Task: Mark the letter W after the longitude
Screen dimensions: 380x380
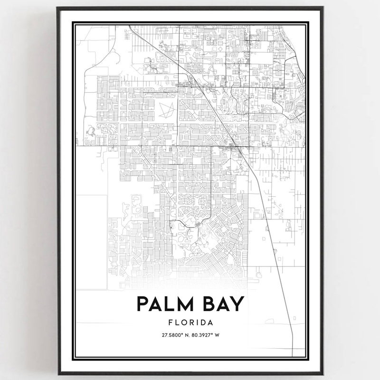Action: coord(217,335)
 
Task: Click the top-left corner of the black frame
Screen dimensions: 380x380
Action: coord(57,8)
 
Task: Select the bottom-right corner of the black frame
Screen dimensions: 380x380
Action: coord(323,375)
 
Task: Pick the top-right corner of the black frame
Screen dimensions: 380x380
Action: coord(323,8)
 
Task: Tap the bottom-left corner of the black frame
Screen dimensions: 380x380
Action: coord(57,375)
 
